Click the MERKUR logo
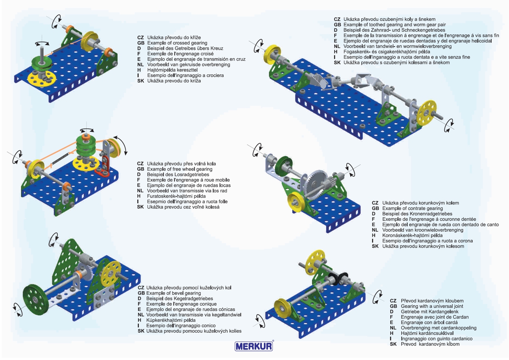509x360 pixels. [254, 346]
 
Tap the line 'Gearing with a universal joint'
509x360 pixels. [432, 306]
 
